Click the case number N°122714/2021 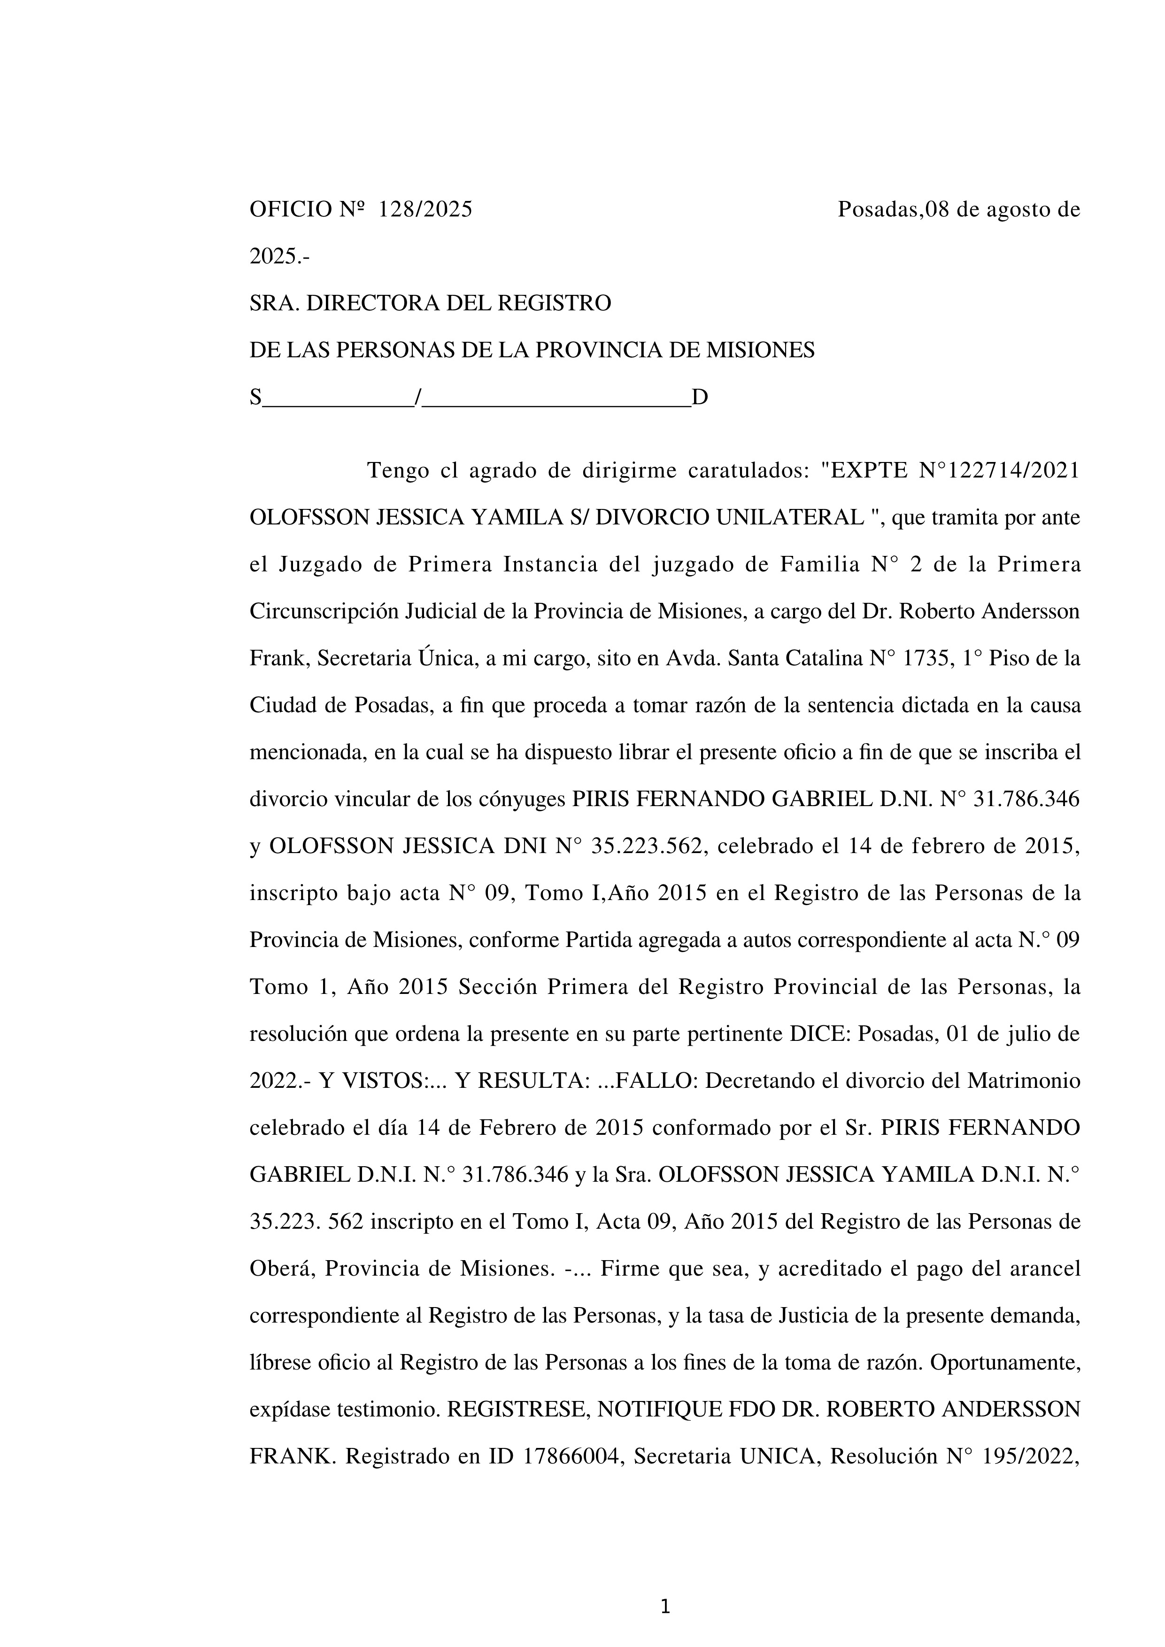tap(999, 470)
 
